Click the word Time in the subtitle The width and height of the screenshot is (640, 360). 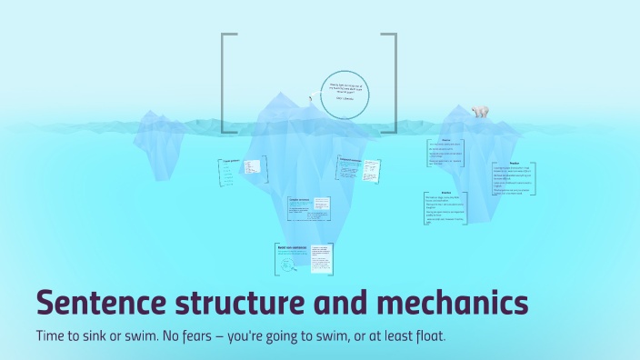(x=53, y=335)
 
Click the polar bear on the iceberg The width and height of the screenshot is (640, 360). (x=479, y=112)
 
